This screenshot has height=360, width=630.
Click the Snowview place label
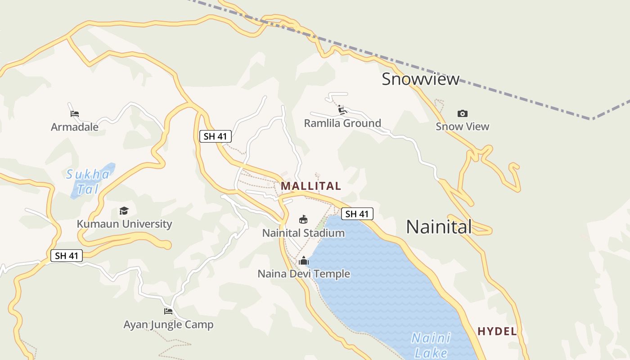[420, 79]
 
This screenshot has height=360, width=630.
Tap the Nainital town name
[439, 227]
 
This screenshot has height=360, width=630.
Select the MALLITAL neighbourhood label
[311, 186]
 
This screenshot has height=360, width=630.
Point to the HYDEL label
[497, 332]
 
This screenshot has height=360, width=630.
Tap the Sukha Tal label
[88, 181]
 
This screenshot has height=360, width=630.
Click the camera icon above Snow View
[462, 113]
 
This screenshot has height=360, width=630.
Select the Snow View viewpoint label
[462, 126]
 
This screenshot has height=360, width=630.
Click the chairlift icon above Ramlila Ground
[342, 110]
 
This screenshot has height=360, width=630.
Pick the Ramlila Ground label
[342, 123]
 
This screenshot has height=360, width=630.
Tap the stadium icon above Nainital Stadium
[303, 220]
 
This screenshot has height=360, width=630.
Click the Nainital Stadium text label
[303, 233]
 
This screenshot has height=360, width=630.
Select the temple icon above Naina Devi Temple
[304, 261]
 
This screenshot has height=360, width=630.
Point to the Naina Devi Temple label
[304, 274]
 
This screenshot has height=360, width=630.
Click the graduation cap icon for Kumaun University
[124, 211]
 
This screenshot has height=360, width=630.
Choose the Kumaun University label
[124, 224]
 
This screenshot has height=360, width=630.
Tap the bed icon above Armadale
[75, 113]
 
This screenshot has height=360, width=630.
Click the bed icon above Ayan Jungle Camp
[168, 311]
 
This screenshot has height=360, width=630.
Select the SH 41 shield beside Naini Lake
[357, 214]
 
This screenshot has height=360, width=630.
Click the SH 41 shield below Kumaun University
[67, 256]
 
